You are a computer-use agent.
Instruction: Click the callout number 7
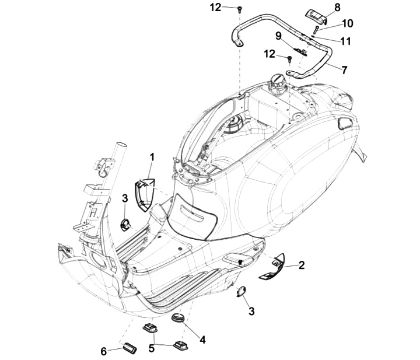point(344,70)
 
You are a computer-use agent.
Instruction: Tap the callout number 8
point(337,8)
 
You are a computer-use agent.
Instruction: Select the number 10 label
point(348,23)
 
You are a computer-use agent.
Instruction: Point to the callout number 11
point(345,41)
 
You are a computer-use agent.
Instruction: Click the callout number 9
point(279,36)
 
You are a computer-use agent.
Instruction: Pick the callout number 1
point(152,158)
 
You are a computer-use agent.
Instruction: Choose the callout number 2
point(302,265)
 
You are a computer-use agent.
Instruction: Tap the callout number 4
point(203,340)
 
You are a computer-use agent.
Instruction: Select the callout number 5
point(152,348)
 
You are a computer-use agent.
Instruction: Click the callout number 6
point(104,351)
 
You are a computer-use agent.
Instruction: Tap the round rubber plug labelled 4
point(178,318)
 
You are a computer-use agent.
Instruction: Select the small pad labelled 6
point(130,348)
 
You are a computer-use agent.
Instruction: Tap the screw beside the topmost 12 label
point(239,10)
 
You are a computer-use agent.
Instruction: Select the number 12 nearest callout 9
point(269,54)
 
